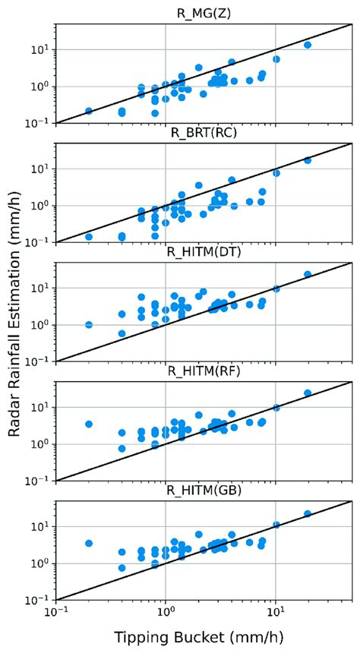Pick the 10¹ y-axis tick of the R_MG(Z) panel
tap(39, 49)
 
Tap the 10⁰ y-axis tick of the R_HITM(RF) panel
tap(39, 444)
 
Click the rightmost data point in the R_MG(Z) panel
tap(308, 45)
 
